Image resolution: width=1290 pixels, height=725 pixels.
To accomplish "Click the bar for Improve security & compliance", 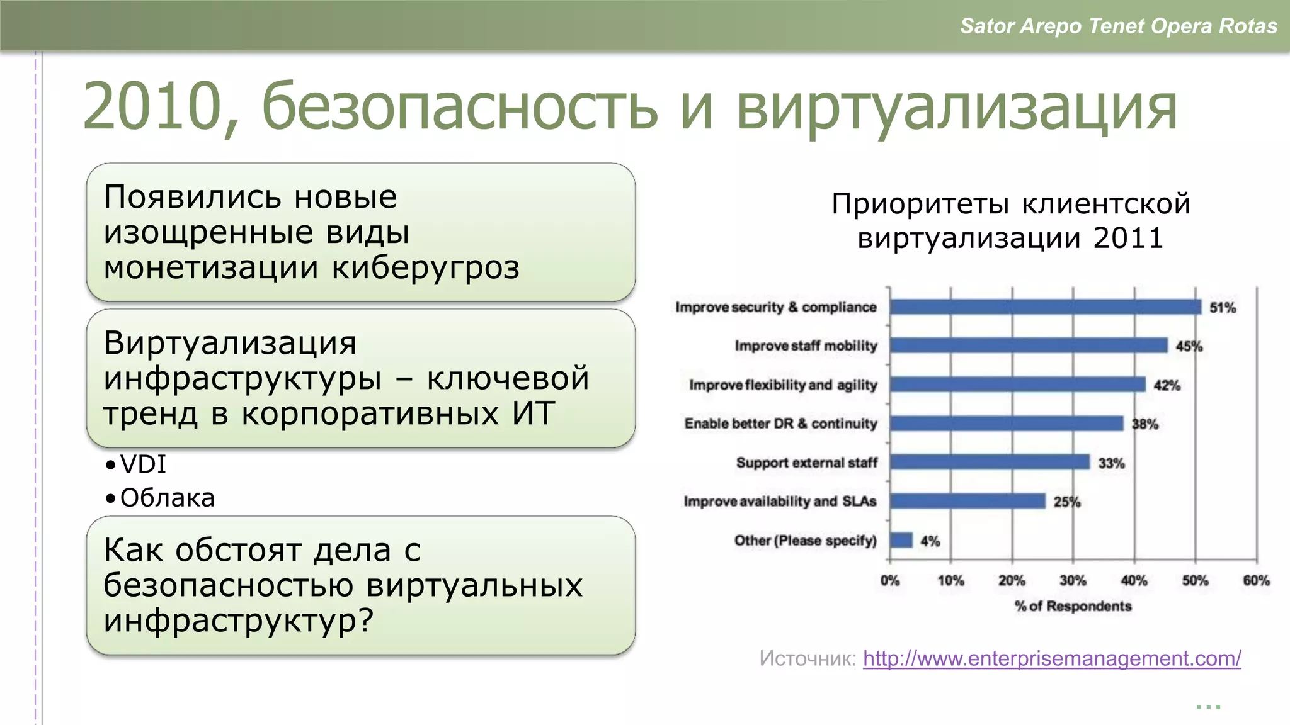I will pos(1046,307).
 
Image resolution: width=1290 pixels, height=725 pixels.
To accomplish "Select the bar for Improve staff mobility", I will pos(1028,346).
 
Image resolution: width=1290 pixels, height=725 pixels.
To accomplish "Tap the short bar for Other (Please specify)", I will pos(901,540).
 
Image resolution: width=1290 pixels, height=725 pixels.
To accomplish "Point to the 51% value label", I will pos(1223,308).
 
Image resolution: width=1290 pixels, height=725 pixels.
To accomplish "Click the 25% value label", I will pos(1067,502).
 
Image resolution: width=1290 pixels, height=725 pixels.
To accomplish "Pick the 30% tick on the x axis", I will pos(1073,580).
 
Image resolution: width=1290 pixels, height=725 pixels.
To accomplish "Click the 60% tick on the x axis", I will pos(1256,580).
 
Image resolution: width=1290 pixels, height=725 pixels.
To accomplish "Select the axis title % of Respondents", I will pos(1073,606).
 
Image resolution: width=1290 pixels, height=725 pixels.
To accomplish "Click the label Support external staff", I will pos(806,463).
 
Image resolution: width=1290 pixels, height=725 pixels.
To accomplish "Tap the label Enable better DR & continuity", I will pos(780,424).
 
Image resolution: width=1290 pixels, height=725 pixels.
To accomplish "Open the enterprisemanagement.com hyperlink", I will pos(1052,658).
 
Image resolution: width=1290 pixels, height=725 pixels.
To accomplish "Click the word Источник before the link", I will pos(808,658).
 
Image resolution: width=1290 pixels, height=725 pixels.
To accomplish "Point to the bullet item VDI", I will pos(143,464).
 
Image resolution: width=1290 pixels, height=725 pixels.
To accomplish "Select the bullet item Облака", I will pos(168,498).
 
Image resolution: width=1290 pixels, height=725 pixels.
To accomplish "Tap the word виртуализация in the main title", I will pos(956,107).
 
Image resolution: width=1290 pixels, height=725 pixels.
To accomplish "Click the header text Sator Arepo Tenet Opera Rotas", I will pos(1118,26).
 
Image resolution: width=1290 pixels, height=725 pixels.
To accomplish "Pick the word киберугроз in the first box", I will pos(426,267).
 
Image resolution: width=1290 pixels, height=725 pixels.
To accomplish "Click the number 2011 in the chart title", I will pos(1128,239).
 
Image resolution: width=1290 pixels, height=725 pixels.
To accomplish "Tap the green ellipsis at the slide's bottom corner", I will pos(1208,707).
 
